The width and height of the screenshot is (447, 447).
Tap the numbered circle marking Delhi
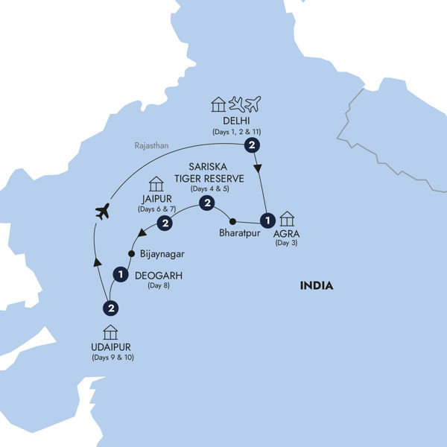(x=253, y=145)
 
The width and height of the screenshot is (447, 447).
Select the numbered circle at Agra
(x=266, y=220)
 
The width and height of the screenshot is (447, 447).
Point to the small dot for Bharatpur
(x=232, y=221)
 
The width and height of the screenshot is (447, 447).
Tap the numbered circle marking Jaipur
(x=166, y=223)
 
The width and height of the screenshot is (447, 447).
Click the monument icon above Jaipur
(x=156, y=183)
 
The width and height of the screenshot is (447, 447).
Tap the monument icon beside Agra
(x=287, y=218)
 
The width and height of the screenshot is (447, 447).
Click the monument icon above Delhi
(x=218, y=104)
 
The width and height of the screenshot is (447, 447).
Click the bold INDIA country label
(x=317, y=285)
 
